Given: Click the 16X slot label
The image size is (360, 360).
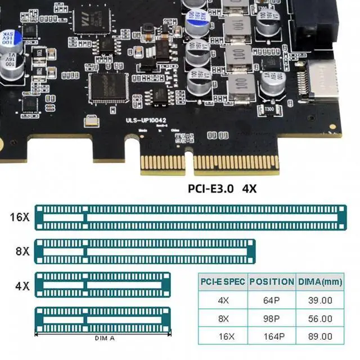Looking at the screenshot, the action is [x=19, y=217].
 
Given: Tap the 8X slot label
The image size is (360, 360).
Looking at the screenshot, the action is [x=22, y=251].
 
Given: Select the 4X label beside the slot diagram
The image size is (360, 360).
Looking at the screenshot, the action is [x=22, y=286].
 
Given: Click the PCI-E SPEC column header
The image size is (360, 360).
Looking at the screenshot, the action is [x=223, y=282].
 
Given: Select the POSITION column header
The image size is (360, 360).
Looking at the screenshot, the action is [x=272, y=282].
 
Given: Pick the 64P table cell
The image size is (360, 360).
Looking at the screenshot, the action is [x=272, y=300].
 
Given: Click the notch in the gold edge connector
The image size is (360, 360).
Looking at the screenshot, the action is [x=188, y=158].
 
